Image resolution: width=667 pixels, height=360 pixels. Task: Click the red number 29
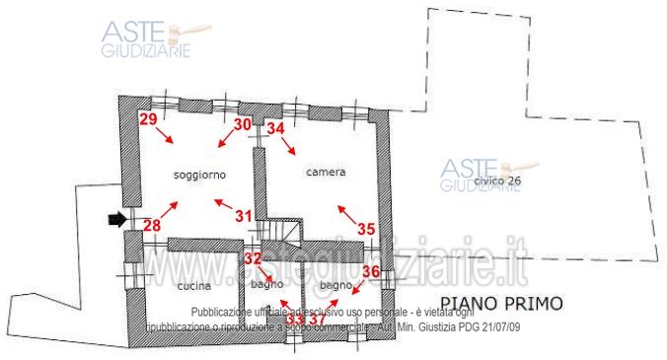tap(149, 120)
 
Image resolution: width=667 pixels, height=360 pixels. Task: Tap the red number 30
tap(243, 124)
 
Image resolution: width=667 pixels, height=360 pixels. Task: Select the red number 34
tap(276, 127)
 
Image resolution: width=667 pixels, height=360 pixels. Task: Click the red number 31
tap(244, 215)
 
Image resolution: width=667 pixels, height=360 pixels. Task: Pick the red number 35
tap(366, 228)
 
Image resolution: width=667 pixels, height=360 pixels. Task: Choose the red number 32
tap(254, 258)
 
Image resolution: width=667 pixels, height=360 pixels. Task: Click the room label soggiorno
tap(200, 174)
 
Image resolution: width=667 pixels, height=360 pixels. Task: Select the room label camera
tap(326, 173)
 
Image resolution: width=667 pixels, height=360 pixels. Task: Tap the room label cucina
tap(193, 286)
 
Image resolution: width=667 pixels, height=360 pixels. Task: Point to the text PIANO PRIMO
tap(500, 302)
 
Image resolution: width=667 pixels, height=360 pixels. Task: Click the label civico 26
tap(497, 182)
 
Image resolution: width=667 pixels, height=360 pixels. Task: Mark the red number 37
tap(317, 319)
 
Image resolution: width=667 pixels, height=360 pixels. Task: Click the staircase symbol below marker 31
tap(284, 232)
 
